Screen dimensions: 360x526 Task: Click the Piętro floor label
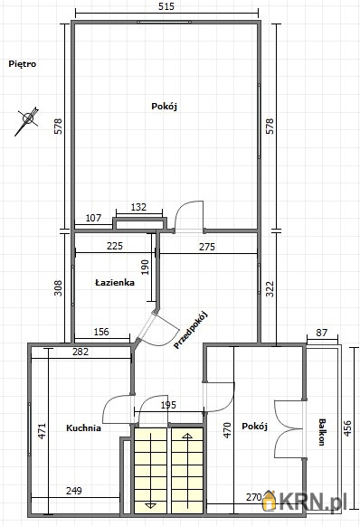click(x=23, y=64)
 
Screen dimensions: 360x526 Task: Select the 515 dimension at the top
click(x=167, y=6)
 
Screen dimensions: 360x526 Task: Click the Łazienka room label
click(x=115, y=283)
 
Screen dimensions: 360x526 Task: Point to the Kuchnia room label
click(x=83, y=428)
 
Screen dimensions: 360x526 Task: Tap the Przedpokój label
click(x=191, y=330)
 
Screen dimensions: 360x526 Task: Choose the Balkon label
click(x=321, y=432)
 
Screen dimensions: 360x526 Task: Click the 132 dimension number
click(x=138, y=207)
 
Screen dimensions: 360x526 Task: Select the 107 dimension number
click(x=93, y=218)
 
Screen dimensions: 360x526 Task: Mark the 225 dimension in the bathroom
click(x=115, y=246)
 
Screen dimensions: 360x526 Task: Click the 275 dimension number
click(x=207, y=247)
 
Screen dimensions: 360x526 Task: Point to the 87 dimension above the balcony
click(x=322, y=333)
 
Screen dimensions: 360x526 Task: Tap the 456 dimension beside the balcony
click(x=348, y=428)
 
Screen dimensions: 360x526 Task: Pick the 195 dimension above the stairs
click(x=168, y=405)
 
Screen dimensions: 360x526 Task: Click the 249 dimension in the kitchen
click(x=74, y=491)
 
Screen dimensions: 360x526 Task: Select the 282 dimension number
click(x=81, y=352)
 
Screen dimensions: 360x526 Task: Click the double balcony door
click(x=289, y=428)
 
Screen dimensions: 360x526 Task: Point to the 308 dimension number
click(x=58, y=287)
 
